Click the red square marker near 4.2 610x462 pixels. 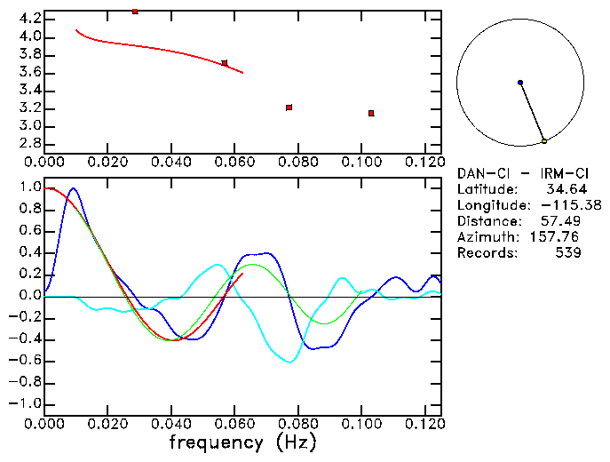(135, 12)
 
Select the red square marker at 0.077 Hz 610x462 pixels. (289, 108)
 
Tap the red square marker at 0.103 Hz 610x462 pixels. (371, 113)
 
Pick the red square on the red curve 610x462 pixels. (225, 63)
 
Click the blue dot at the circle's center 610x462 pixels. (520, 83)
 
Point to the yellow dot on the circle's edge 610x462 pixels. (543, 141)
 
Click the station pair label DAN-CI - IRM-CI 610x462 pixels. (518, 173)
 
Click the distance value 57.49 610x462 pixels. (563, 221)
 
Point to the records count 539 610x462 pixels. (568, 253)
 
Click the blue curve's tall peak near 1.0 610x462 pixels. (73, 188)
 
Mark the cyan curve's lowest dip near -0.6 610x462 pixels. (289, 362)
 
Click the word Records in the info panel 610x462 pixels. (487, 253)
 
